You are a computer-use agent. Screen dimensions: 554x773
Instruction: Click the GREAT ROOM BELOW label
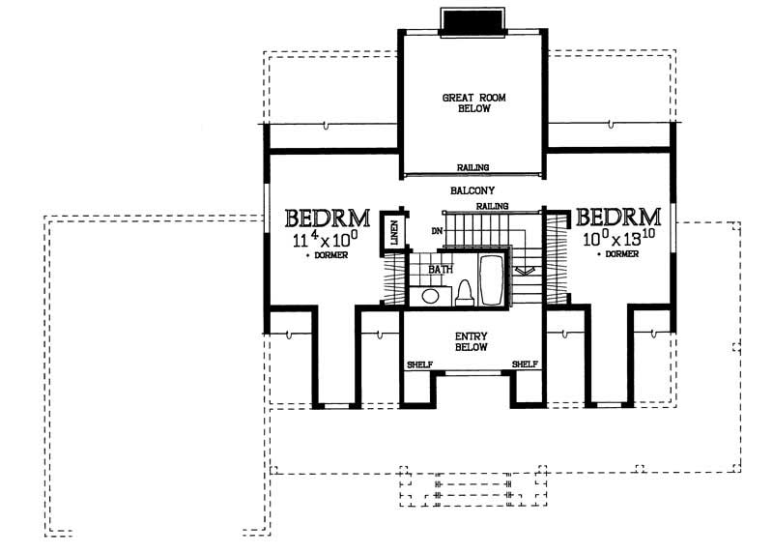[468, 103]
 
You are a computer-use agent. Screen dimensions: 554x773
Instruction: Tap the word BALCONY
[472, 190]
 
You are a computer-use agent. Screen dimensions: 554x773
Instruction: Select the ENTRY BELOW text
[472, 340]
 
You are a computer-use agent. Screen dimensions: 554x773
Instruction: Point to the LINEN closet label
[394, 232]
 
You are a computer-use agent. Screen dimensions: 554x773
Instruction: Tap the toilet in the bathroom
[463, 292]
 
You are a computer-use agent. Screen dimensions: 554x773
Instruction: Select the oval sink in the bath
[431, 295]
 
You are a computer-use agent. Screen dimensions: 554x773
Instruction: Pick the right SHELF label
[525, 364]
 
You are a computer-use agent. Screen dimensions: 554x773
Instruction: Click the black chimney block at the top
[472, 19]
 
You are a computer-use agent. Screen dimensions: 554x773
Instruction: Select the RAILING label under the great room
[472, 167]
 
